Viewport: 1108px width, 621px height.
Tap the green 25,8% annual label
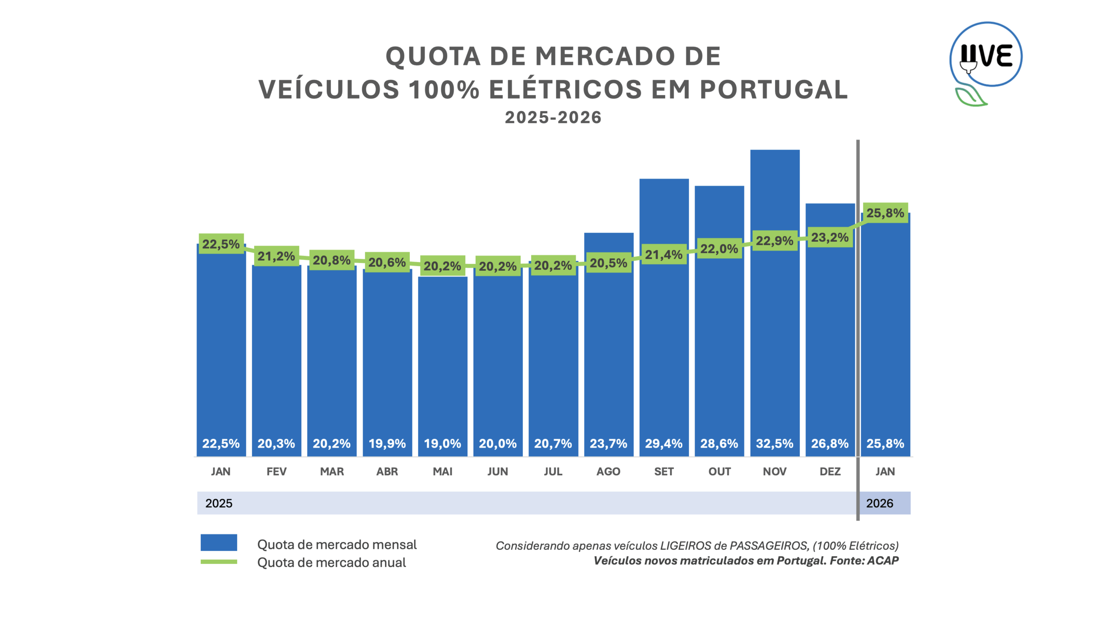pos(885,213)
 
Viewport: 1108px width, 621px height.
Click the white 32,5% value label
pos(775,443)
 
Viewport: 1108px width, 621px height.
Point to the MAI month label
pos(442,471)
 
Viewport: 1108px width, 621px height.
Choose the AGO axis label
pos(608,471)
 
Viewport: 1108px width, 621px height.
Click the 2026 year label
pos(879,503)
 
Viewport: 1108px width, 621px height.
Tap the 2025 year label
pos(219,503)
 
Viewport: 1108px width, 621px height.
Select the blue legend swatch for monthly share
pos(219,542)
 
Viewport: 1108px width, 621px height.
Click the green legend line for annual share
pos(219,562)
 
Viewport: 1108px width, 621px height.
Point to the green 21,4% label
pos(664,255)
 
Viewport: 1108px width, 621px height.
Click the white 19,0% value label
pos(442,443)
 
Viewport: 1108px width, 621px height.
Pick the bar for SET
pos(664,346)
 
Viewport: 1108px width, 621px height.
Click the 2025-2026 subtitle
pos(553,117)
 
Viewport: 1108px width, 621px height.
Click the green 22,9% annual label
pos(774,240)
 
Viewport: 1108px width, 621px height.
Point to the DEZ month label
pos(830,471)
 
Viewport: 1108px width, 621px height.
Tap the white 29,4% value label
pos(664,443)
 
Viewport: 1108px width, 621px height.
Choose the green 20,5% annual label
pos(608,263)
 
